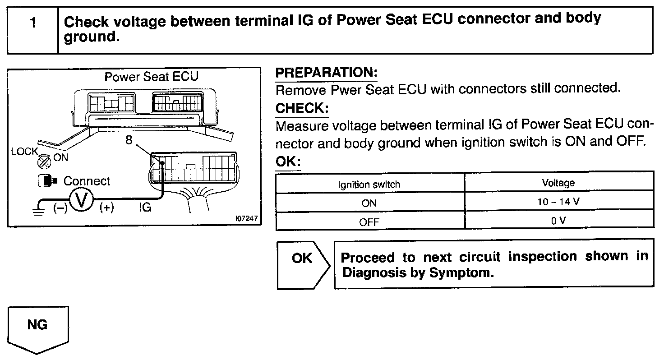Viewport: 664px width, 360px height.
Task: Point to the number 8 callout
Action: (x=129, y=140)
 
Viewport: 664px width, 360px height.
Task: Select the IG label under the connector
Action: (x=145, y=208)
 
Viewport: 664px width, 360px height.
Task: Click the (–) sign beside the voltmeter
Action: (x=60, y=208)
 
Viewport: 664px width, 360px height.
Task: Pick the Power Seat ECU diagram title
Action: (x=152, y=76)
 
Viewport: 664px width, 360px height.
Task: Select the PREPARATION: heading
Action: (x=326, y=73)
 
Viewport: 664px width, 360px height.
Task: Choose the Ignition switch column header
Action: (x=369, y=184)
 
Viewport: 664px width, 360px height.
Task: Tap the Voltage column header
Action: (x=558, y=183)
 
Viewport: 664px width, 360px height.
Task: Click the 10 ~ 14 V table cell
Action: (x=558, y=202)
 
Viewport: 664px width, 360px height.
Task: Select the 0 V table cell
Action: (x=558, y=221)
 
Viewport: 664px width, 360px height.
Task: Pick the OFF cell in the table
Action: (x=369, y=222)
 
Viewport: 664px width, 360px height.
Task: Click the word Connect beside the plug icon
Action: (x=87, y=181)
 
